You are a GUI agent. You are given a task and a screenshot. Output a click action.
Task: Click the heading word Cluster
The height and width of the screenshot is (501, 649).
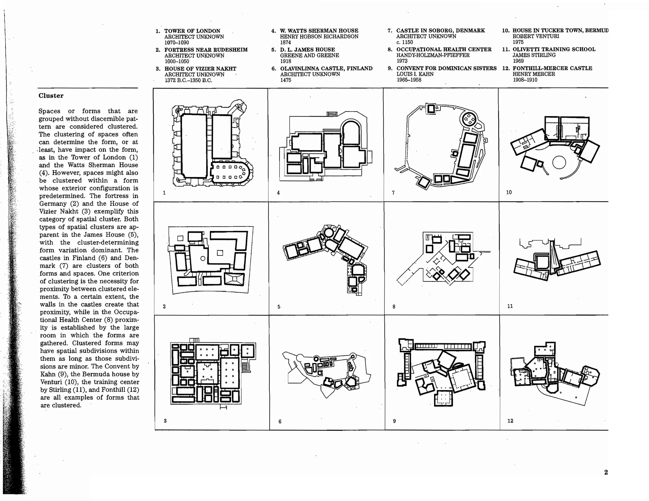pyautogui.click(x=51, y=96)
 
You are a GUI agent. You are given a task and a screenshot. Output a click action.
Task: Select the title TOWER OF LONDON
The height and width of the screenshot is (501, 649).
pyautogui.click(x=192, y=31)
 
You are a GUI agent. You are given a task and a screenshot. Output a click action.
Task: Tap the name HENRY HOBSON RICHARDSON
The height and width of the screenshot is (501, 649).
pyautogui.click(x=319, y=36)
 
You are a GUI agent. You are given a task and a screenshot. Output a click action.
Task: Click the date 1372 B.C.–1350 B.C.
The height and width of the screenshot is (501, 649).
pyautogui.click(x=188, y=80)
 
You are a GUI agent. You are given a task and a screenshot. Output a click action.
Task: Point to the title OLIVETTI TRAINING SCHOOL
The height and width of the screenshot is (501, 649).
pyautogui.click(x=554, y=49)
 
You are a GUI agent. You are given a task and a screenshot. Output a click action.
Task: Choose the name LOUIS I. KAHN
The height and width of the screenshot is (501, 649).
pyautogui.click(x=415, y=74)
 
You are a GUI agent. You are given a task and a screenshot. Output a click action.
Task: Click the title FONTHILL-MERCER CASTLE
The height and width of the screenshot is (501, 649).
pyautogui.click(x=552, y=68)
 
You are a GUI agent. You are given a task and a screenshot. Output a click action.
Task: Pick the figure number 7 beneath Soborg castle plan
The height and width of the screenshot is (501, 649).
pyautogui.click(x=393, y=193)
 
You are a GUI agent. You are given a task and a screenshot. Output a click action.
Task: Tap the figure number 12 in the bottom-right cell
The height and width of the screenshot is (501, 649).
pyautogui.click(x=510, y=421)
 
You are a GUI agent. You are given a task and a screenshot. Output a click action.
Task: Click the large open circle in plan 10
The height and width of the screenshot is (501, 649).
pyautogui.click(x=559, y=162)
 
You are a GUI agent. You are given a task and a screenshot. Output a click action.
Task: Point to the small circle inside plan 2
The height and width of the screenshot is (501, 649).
pyautogui.click(x=203, y=259)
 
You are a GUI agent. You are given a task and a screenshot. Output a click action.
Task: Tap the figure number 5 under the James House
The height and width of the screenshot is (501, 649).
pyautogui.click(x=279, y=307)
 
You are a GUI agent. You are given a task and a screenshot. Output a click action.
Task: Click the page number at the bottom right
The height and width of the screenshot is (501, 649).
pyautogui.click(x=606, y=472)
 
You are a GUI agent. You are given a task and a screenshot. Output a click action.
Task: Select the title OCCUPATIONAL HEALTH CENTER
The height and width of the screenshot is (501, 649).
pyautogui.click(x=444, y=49)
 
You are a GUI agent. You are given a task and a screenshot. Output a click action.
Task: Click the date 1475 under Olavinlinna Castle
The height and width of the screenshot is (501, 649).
pyautogui.click(x=286, y=80)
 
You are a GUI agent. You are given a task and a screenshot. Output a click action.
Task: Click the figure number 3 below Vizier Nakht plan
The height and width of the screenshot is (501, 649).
pyautogui.click(x=165, y=421)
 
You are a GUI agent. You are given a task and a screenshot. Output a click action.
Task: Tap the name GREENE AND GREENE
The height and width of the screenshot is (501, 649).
pyautogui.click(x=309, y=55)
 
